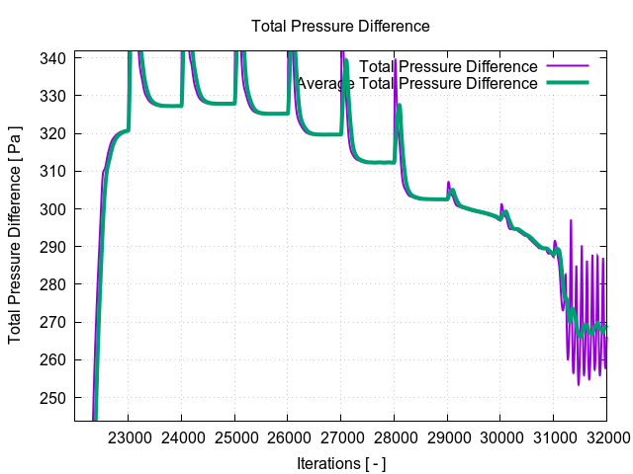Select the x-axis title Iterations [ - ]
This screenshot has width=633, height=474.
[340, 462]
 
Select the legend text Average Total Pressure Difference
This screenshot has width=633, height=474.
[417, 83]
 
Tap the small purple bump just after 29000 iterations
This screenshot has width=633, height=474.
[448, 183]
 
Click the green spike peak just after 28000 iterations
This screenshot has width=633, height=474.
[400, 105]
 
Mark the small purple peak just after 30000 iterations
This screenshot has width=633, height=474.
[501, 205]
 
